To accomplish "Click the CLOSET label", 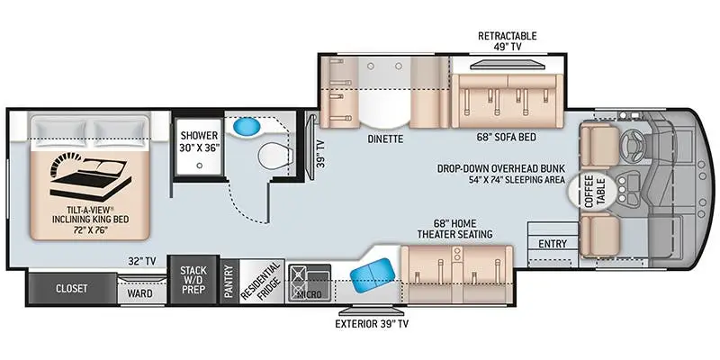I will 72,289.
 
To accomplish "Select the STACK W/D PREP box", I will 193,281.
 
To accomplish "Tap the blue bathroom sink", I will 243,129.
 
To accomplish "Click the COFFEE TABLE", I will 590,190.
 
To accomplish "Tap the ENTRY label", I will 553,244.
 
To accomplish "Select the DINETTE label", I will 384,140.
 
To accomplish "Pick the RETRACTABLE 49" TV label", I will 507,41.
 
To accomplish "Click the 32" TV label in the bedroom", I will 141,261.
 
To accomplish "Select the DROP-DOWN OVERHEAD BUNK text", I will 501,167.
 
